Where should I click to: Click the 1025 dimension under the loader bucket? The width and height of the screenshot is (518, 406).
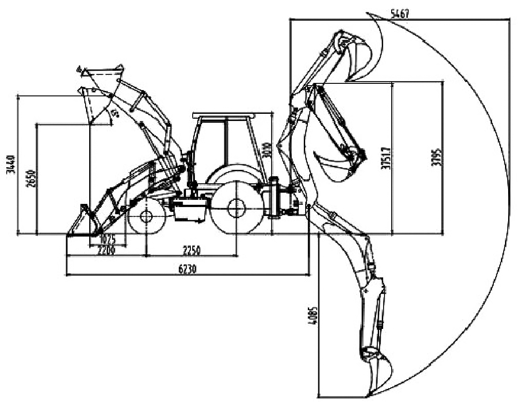click(108, 238)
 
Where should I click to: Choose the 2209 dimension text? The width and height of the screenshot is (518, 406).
click(107, 251)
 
